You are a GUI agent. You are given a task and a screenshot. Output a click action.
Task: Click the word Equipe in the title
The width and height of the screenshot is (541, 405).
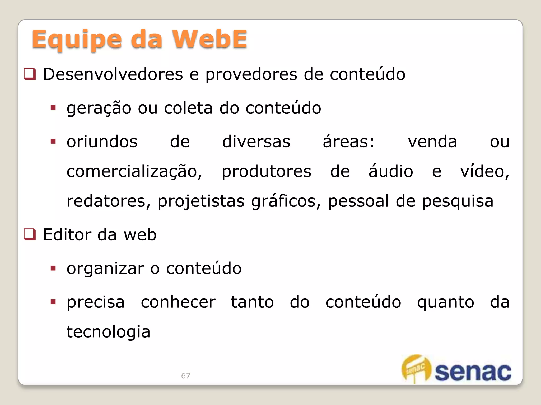(77, 40)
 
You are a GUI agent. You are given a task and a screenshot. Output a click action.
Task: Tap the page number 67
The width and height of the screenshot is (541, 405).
(186, 375)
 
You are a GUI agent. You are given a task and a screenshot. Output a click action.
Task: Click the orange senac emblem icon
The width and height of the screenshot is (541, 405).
(416, 368)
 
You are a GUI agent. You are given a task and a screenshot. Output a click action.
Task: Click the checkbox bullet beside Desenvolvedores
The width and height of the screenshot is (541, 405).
(30, 74)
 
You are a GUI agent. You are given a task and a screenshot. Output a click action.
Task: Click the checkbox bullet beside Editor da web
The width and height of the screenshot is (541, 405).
(30, 234)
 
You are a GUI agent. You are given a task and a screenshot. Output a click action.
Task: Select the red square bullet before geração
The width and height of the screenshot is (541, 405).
(53, 108)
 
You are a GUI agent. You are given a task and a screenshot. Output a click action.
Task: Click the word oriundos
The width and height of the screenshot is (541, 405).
(102, 142)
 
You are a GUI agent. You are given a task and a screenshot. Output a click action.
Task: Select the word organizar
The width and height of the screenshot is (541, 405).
(105, 269)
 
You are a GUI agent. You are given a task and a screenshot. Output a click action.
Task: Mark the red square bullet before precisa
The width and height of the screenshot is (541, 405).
(53, 302)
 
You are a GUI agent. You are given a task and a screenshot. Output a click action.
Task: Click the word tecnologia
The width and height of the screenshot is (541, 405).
(108, 332)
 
